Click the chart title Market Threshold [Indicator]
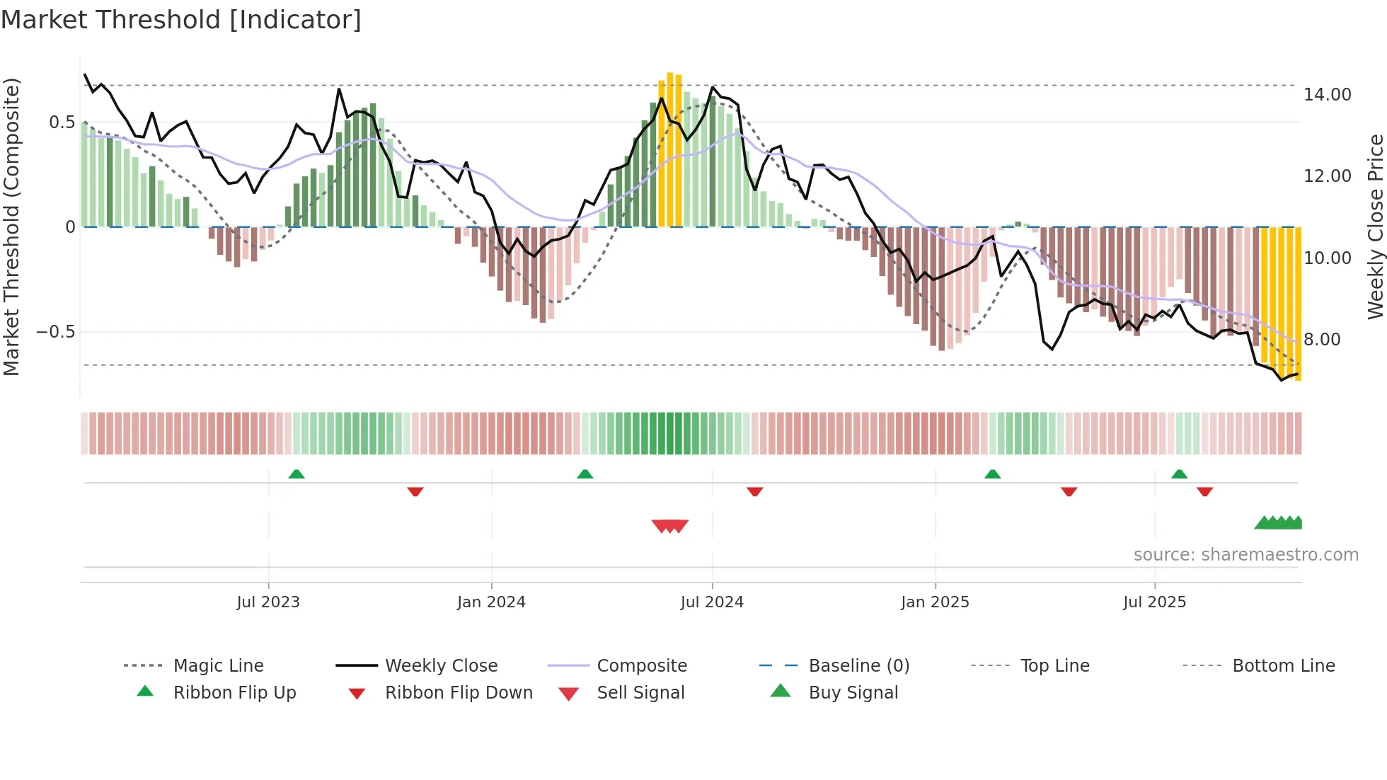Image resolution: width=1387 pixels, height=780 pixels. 181,20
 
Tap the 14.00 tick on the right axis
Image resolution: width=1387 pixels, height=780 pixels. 1327,94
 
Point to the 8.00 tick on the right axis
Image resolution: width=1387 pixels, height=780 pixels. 1321,339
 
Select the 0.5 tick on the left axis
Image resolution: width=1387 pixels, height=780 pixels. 62,122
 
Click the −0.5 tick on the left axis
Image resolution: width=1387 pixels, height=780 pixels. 55,332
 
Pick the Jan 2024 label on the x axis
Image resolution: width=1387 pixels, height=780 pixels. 491,602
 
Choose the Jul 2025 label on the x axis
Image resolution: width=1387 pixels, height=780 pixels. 1154,602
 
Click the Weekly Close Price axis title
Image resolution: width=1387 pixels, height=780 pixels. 1375,226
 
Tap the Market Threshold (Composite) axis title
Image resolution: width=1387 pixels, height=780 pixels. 11,226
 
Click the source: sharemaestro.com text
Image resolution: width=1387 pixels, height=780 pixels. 1245,555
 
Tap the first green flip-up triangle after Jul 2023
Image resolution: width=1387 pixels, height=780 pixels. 297,474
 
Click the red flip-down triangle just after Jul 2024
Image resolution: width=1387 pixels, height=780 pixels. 755,491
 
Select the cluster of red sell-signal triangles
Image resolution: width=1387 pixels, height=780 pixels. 669,526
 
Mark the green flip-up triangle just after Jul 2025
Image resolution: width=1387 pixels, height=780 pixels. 1179,474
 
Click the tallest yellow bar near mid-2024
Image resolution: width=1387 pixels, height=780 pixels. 670,149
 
